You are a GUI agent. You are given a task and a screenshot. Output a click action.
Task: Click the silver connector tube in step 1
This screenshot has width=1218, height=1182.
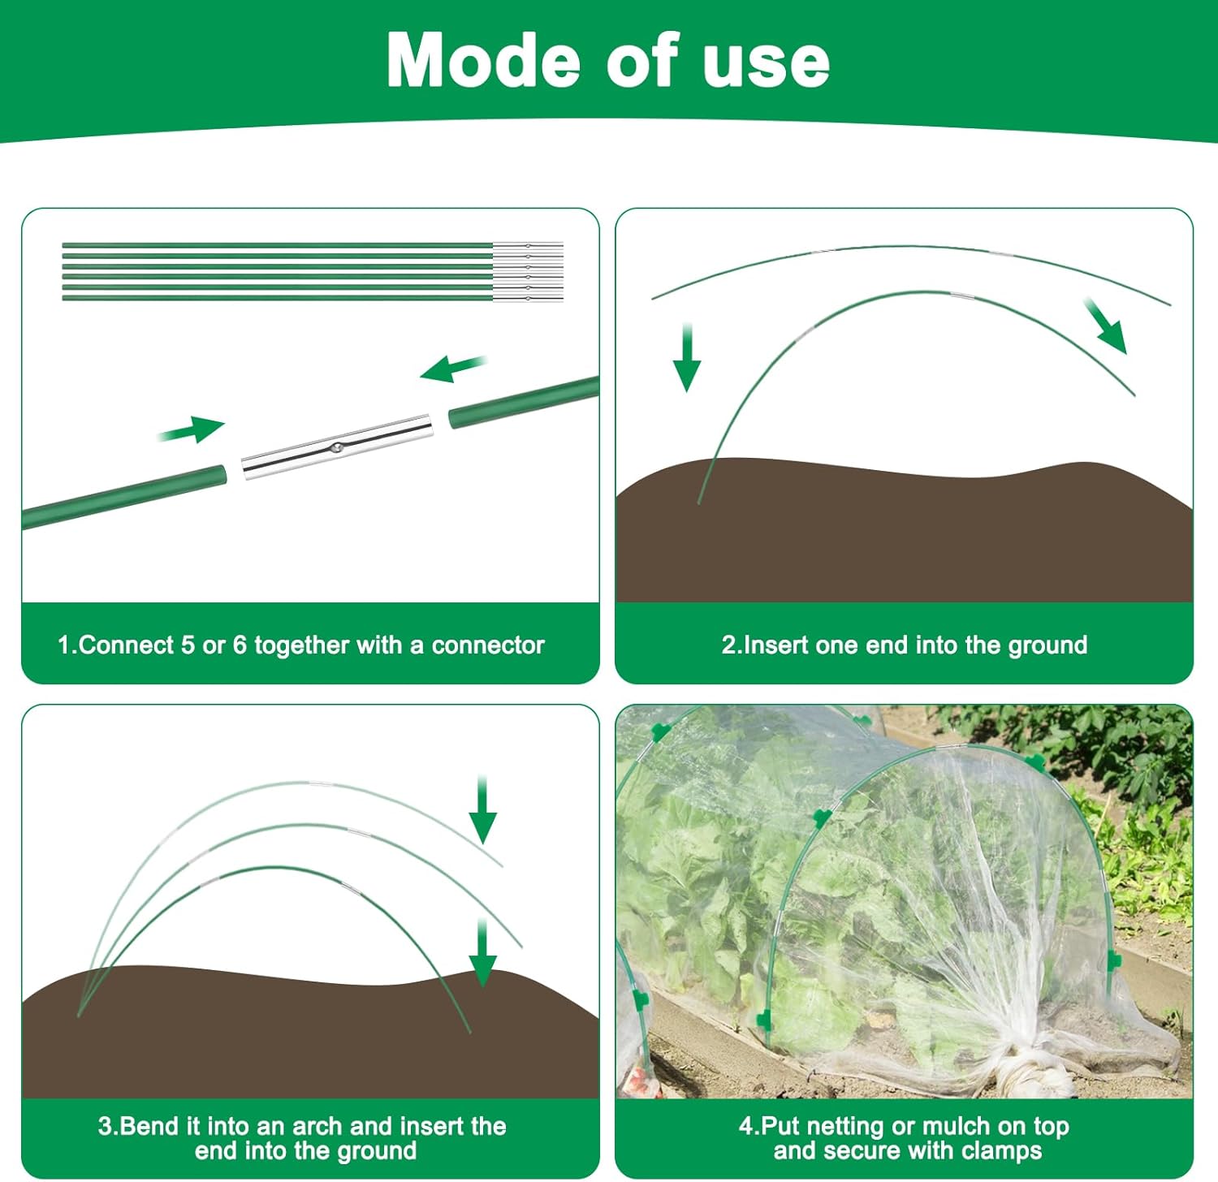pyautogui.click(x=335, y=447)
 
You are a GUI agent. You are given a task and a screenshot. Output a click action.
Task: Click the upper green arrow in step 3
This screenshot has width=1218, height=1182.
pyautogui.click(x=483, y=811)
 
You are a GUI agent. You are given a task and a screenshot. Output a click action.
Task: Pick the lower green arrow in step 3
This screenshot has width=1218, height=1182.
pyautogui.click(x=482, y=954)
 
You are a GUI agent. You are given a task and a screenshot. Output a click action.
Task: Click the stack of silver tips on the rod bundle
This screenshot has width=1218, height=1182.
pyautogui.click(x=528, y=271)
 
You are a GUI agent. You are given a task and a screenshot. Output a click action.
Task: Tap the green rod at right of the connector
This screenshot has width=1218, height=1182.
pyautogui.click(x=524, y=403)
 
